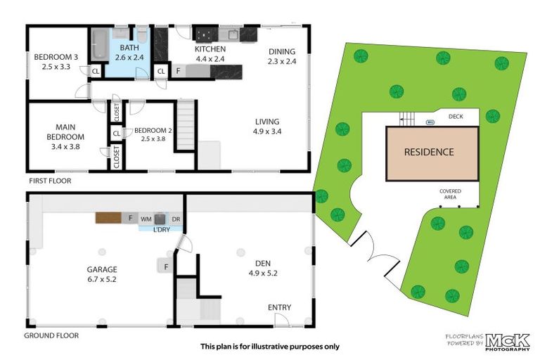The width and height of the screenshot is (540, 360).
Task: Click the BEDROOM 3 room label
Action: click(x=49, y=58)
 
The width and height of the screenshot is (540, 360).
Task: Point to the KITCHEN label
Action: click(x=210, y=49)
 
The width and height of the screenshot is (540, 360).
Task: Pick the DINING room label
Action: click(x=282, y=51)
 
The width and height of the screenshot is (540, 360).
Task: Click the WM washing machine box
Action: click(x=146, y=219)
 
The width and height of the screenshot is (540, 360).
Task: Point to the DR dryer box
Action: click(x=176, y=219)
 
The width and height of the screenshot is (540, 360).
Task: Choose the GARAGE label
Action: click(x=102, y=269)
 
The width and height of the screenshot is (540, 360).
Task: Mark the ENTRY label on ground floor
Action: click(x=279, y=307)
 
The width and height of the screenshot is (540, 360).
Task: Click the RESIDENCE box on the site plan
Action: click(x=428, y=151)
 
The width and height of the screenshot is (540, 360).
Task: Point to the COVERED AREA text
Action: click(x=450, y=193)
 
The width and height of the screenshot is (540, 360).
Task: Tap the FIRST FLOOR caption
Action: click(x=50, y=181)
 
